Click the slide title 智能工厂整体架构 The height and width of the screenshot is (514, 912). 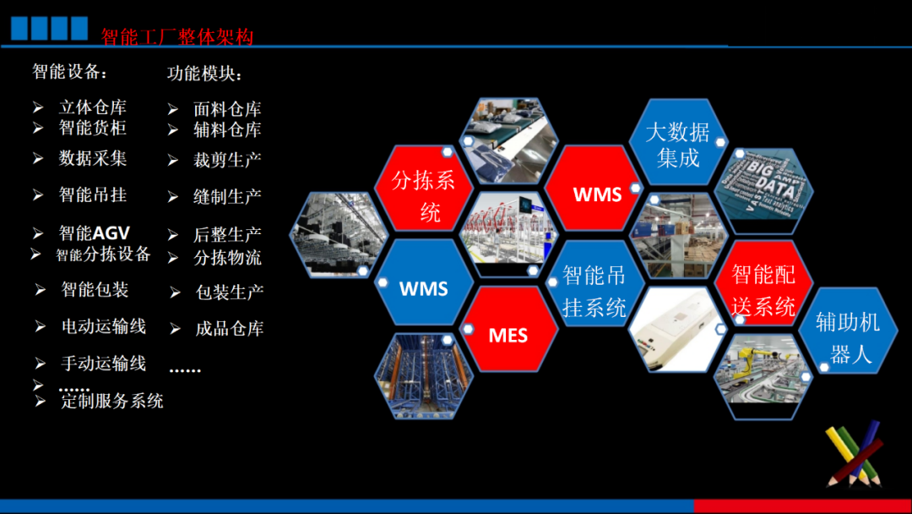coord(177,36)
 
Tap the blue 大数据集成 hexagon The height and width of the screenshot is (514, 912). coord(678,143)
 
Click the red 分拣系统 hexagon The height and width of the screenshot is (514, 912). coord(423,189)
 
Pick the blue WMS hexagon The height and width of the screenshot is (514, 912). coord(423,283)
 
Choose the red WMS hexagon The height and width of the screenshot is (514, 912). coord(594,189)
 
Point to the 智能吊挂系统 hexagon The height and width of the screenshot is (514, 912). coord(594,283)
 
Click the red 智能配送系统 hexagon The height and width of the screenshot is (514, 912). coord(763,283)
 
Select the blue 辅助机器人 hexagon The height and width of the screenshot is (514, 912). coord(848,331)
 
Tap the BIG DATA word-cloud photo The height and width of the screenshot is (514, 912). coord(763,189)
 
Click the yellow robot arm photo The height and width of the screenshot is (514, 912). coord(763,376)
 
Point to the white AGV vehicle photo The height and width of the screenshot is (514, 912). coord(678,330)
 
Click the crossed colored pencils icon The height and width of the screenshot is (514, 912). coord(854,454)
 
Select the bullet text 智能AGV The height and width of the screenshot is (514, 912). coord(95,233)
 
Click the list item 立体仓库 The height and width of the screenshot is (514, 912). coord(93,107)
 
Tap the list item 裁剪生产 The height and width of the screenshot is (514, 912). coord(227,160)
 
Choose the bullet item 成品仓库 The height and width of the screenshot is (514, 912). coord(230,329)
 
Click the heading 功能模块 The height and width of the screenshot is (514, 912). coord(204,74)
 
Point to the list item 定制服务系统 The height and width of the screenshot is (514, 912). coord(112,401)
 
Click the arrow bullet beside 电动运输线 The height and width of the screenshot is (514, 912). coord(41,326)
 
